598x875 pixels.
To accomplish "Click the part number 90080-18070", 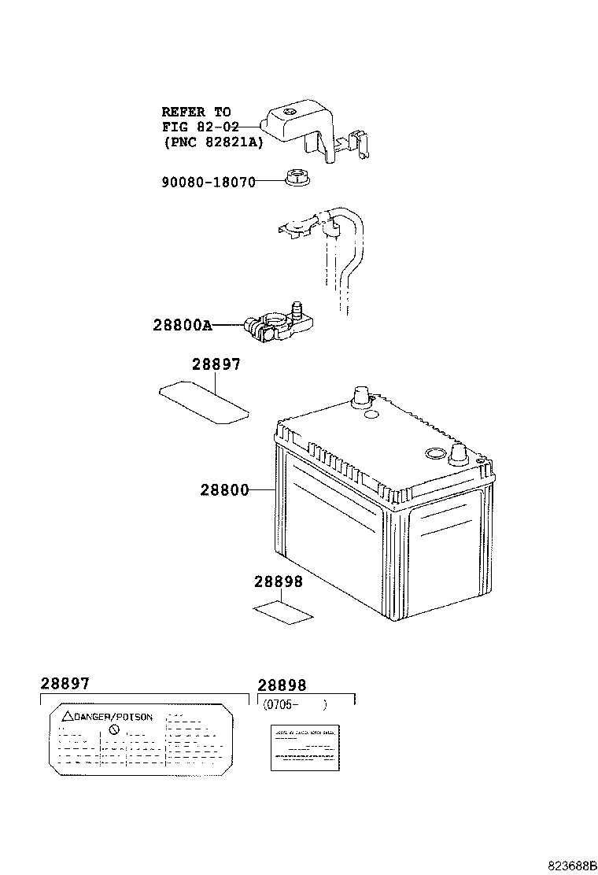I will pyautogui.click(x=209, y=182).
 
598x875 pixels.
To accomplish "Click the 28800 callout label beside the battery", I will pyautogui.click(x=224, y=490).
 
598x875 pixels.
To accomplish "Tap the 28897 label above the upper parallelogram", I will pyautogui.click(x=216, y=365).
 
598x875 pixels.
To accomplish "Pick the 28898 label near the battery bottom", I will pyautogui.click(x=279, y=582).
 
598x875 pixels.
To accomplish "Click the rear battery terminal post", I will pyautogui.click(x=360, y=395).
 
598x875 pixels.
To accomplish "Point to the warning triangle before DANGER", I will pyautogui.click(x=68, y=717).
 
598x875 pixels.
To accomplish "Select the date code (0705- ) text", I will pyautogui.click(x=293, y=705).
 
